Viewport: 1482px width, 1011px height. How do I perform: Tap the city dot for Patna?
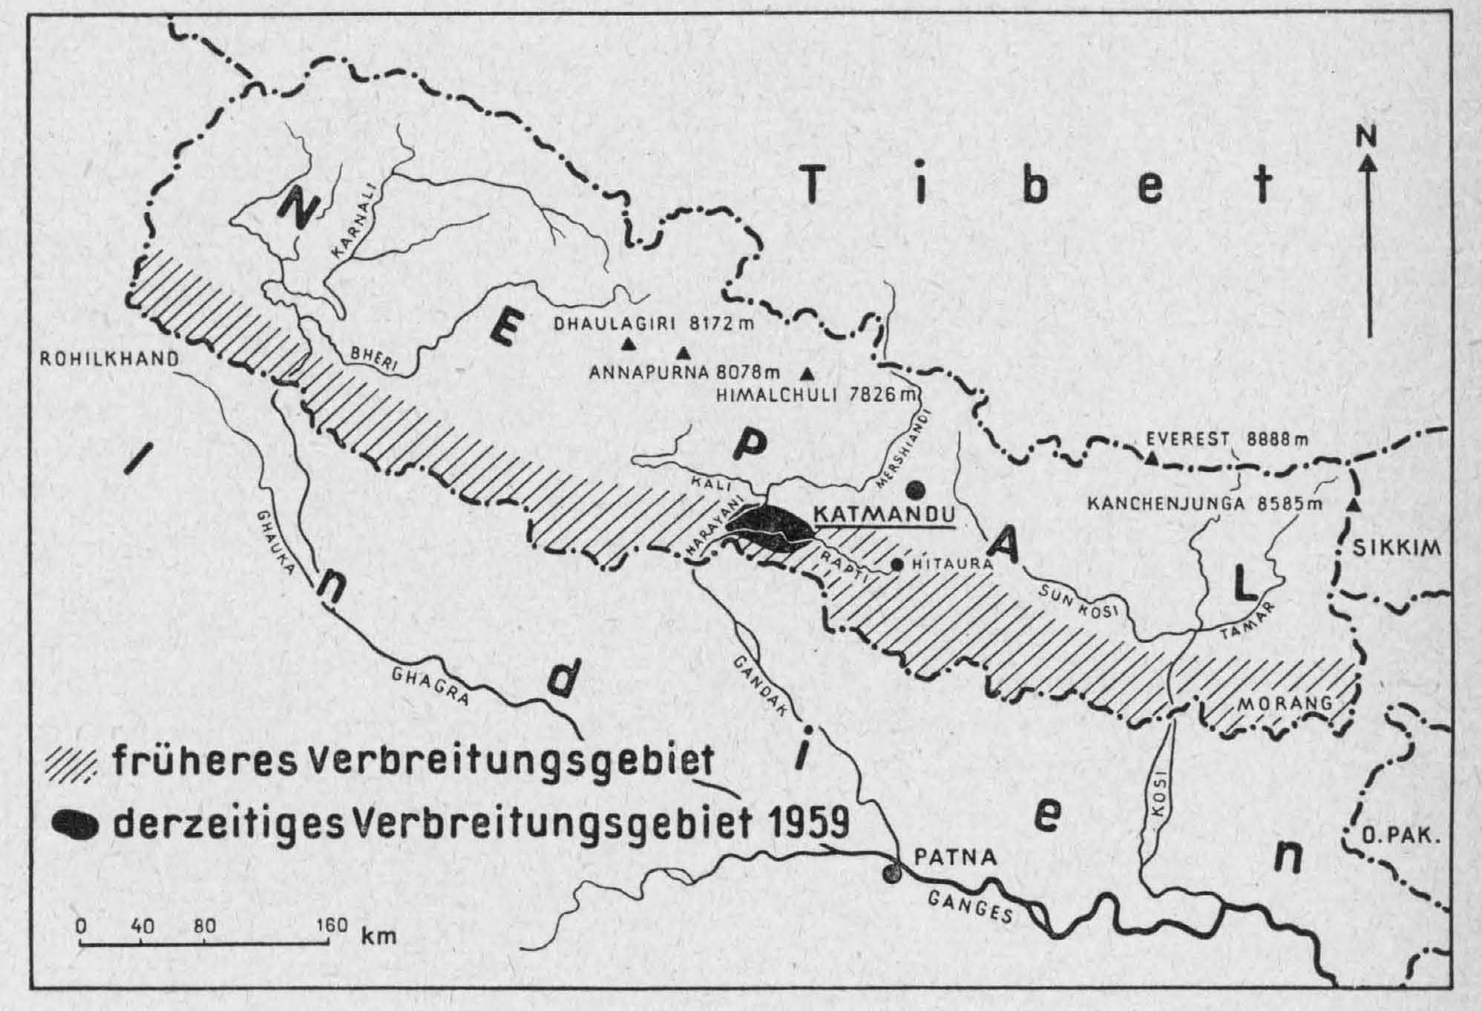coord(892,874)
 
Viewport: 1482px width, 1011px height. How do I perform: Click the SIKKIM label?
coord(1395,549)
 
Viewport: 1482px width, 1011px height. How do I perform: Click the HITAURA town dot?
coord(897,565)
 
